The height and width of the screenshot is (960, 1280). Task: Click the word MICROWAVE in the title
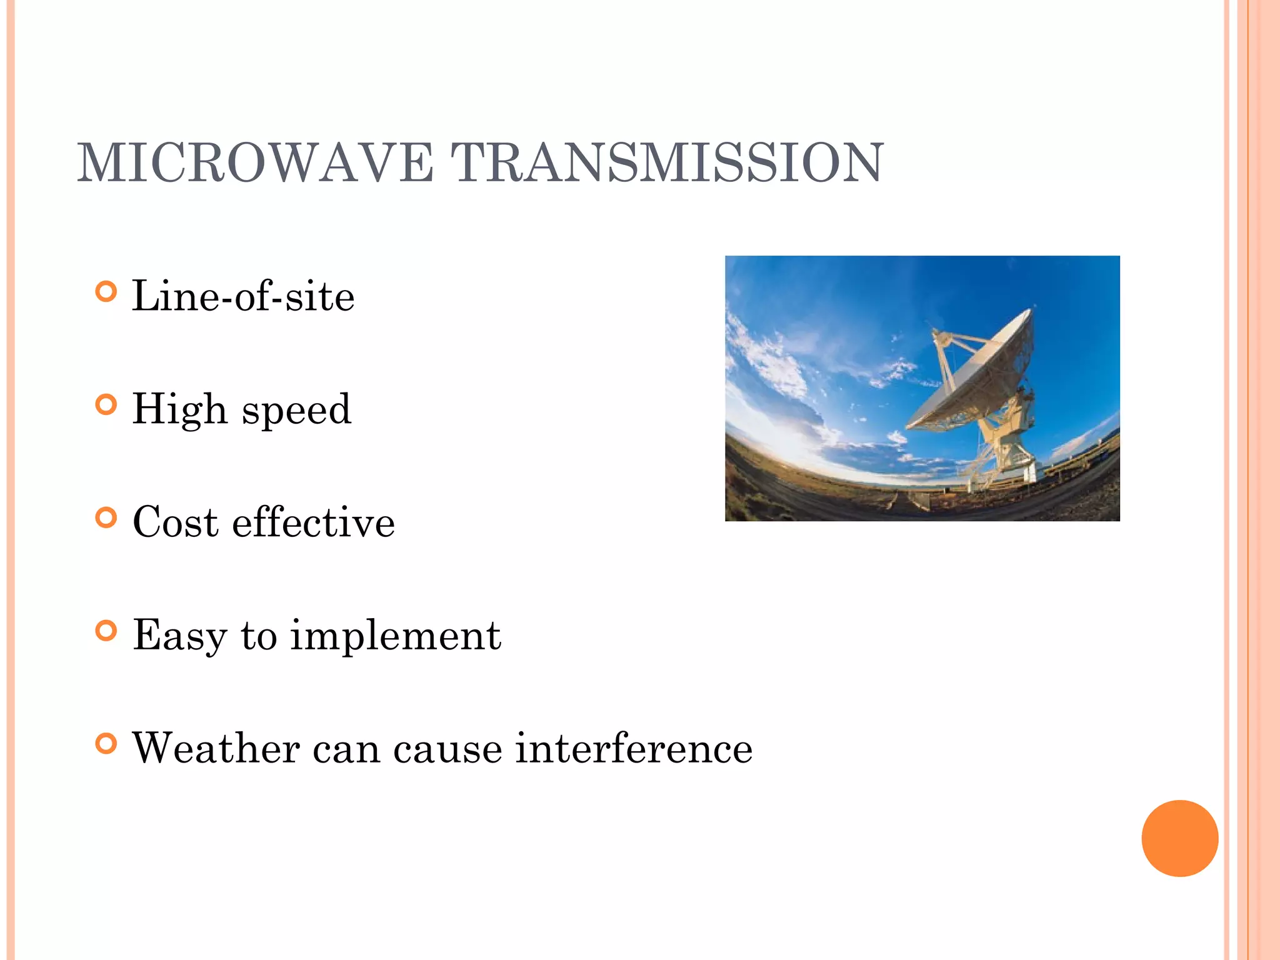[x=255, y=163]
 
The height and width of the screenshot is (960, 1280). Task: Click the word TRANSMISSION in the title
[x=667, y=163]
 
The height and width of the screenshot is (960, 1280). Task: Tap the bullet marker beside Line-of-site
[x=107, y=291]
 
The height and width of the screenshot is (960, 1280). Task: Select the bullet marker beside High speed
[x=107, y=405]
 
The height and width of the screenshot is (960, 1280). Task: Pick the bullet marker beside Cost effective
[x=107, y=517]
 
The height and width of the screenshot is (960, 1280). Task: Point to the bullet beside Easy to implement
[x=107, y=631]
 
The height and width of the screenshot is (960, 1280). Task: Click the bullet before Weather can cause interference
[x=107, y=744]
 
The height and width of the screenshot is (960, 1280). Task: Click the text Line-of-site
[x=243, y=296]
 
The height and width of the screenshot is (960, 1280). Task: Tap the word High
[x=179, y=410]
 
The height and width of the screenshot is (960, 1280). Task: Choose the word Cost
[x=176, y=522]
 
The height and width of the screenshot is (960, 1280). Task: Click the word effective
[x=313, y=522]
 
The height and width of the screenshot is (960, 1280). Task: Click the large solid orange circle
[x=1179, y=838]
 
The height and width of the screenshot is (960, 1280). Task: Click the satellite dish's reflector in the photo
[x=975, y=375]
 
